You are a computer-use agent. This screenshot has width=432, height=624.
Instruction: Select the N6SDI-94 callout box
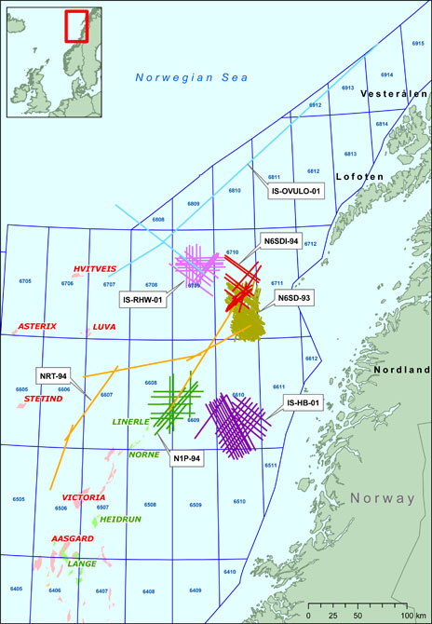(x=280, y=241)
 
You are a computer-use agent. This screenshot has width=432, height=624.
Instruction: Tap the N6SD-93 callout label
(x=295, y=298)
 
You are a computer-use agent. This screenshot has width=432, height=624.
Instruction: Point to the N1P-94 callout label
(x=190, y=458)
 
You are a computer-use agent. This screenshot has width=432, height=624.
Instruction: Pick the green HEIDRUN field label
(x=119, y=519)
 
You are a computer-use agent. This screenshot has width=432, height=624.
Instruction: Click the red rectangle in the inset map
(x=75, y=25)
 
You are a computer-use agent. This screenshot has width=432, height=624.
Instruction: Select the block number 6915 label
(x=416, y=43)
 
